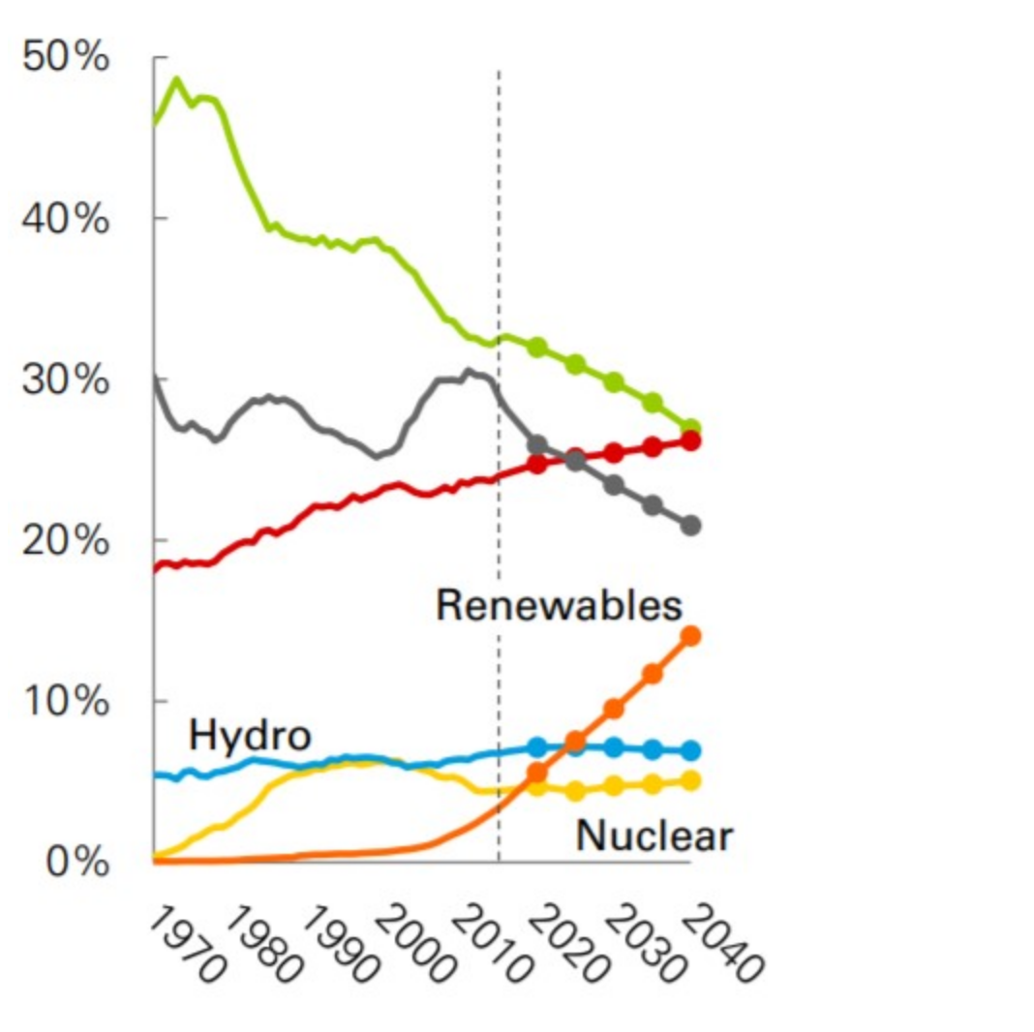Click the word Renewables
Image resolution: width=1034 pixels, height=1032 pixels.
[x=559, y=606]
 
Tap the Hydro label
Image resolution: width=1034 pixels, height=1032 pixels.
[x=250, y=737]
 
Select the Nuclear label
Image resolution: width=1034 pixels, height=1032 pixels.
[x=654, y=835]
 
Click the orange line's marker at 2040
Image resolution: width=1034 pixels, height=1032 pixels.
[x=691, y=636]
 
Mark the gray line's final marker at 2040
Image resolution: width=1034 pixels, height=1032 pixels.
[x=691, y=526]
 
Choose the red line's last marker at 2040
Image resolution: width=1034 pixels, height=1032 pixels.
[x=691, y=441]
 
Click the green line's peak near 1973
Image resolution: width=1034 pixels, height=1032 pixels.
[x=176, y=78]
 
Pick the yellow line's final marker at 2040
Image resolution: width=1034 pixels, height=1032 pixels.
[x=691, y=780]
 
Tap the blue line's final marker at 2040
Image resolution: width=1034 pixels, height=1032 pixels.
[x=691, y=750]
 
